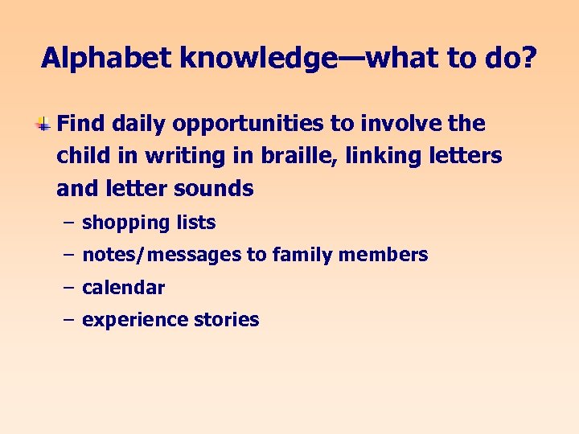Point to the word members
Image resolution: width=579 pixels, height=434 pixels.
coord(384,256)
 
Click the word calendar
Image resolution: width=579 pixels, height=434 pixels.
coord(123,288)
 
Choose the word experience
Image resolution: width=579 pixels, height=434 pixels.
coord(134,320)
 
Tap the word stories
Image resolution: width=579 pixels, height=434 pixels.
coord(226,320)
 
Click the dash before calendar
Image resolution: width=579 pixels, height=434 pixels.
coord(68,288)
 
